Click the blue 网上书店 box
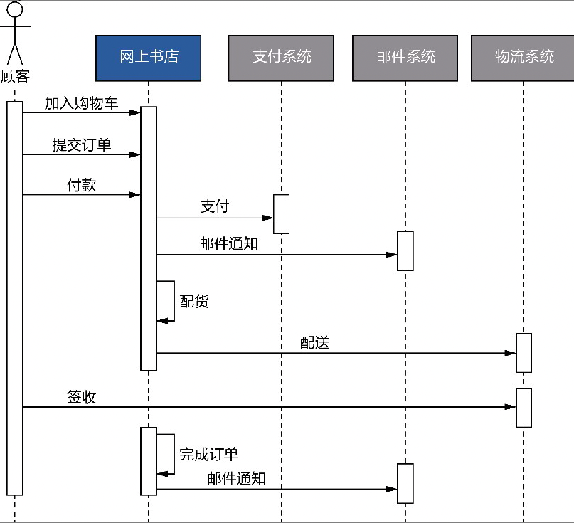coord(149,58)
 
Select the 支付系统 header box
coord(281,58)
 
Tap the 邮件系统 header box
coord(405,58)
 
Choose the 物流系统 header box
coord(523,58)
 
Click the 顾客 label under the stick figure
coord(14,76)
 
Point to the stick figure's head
coord(15,10)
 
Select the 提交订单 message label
coord(81,145)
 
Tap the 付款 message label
coord(81,186)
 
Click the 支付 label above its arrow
coord(214,206)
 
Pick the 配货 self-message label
coord(194,301)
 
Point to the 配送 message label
coord(314,342)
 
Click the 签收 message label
coord(81,397)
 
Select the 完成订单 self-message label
coord(208,454)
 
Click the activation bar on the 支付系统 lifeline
coord(282,213)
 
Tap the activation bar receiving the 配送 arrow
coord(523,352)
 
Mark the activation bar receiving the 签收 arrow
coord(523,407)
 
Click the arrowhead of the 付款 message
coord(135,195)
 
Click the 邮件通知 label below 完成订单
coord(237,478)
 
